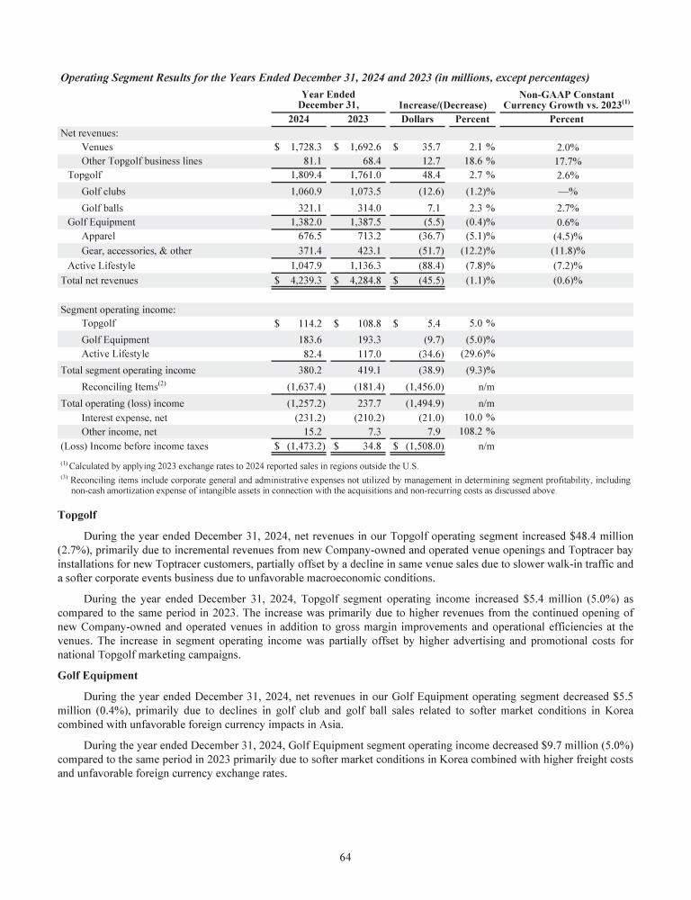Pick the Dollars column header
click(x=417, y=118)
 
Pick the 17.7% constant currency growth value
click(x=566, y=161)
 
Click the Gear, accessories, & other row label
click(x=136, y=251)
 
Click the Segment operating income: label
click(x=117, y=310)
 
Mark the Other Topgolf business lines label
click(x=141, y=161)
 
